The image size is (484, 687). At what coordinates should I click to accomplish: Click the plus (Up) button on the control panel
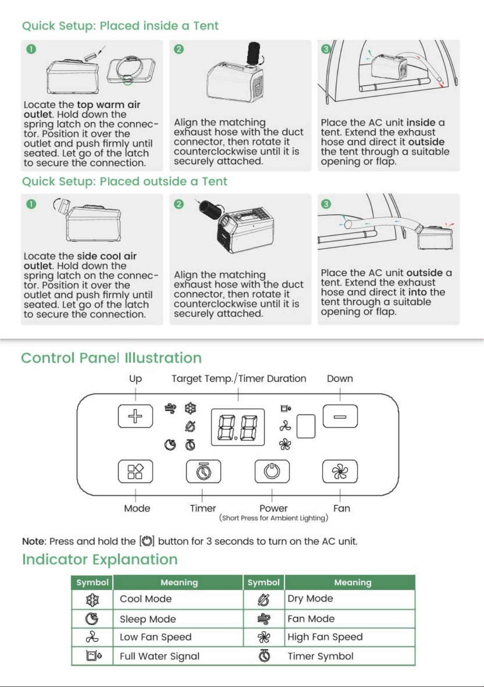135,416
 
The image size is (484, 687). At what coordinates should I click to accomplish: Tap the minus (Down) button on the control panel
340,416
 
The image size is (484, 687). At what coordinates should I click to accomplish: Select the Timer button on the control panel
203,471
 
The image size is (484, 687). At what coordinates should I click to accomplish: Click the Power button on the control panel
272,471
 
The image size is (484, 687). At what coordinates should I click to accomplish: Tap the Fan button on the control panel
340,471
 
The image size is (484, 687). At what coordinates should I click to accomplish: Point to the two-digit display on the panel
238,427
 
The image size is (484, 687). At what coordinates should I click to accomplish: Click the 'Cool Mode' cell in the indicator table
178,599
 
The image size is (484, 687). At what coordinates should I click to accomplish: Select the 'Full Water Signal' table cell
178,656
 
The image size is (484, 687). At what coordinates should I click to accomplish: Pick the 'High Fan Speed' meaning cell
350,637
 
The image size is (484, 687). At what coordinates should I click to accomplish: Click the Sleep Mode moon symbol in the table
92,619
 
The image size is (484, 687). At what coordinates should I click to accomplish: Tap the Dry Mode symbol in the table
264,599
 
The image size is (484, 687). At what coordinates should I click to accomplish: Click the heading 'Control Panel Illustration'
111,358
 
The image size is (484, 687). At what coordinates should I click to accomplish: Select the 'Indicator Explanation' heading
100,559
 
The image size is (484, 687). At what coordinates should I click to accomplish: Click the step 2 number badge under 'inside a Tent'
179,49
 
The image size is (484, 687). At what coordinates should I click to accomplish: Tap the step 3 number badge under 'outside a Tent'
326,204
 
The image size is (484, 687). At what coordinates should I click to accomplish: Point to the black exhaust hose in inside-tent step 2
254,53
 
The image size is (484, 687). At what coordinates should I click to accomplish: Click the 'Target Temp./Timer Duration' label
239,378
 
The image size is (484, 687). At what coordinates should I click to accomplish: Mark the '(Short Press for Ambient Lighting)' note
273,518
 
